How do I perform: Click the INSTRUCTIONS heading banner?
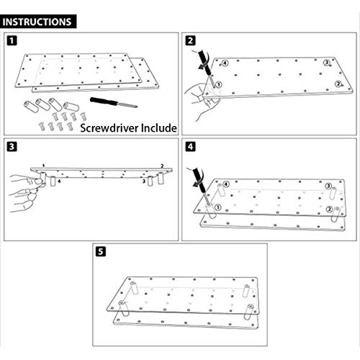(x=38, y=22)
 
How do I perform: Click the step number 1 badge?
(x=12, y=40)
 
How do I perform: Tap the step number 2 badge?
(x=190, y=40)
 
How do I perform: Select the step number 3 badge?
(x=12, y=146)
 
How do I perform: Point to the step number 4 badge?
(x=190, y=146)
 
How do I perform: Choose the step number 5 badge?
(x=101, y=251)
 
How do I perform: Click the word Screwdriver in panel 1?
(x=109, y=128)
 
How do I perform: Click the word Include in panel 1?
(x=159, y=127)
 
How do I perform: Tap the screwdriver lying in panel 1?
(x=114, y=102)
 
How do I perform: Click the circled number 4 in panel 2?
(x=225, y=63)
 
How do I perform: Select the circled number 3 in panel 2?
(x=326, y=63)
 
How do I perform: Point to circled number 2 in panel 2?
(x=338, y=84)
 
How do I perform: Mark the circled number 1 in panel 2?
(x=219, y=84)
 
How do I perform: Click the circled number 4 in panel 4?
(x=226, y=184)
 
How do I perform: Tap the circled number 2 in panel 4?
(x=330, y=210)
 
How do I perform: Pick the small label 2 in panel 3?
(x=162, y=166)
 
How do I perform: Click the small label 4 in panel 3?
(x=59, y=181)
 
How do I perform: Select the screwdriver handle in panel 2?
(x=204, y=60)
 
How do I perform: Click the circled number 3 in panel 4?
(x=328, y=186)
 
